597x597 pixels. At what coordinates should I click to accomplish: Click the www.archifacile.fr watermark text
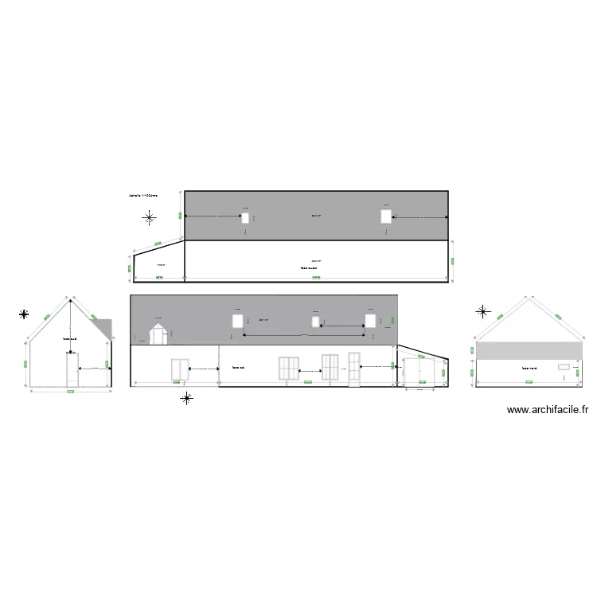[x=548, y=411]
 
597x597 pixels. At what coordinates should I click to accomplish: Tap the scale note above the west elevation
[x=143, y=195]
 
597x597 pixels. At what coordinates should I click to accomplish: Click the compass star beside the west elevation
[x=149, y=217]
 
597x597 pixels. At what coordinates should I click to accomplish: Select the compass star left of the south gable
[x=25, y=314]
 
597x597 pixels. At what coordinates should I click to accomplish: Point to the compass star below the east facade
[x=186, y=398]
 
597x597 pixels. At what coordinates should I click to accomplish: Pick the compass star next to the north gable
[x=482, y=312]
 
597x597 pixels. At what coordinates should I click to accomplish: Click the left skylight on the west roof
[x=245, y=217]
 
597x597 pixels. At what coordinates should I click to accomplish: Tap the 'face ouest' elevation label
[x=310, y=268]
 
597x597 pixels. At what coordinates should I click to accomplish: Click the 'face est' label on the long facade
[x=238, y=368]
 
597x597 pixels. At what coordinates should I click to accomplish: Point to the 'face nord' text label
[x=529, y=369]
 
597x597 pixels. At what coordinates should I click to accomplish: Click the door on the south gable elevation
[x=72, y=370]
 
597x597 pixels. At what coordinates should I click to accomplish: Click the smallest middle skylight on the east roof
[x=316, y=322]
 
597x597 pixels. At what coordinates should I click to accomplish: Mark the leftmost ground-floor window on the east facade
[x=179, y=369]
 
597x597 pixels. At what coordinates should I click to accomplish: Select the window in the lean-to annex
[x=414, y=372]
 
